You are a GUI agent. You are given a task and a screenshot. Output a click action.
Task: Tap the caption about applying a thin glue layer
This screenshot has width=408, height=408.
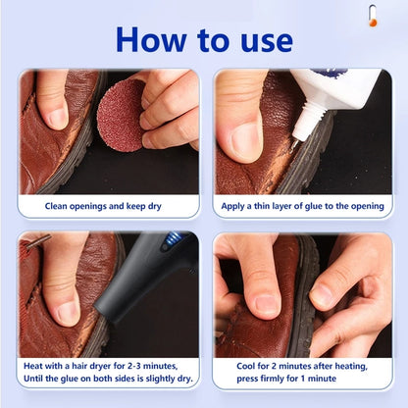pyautogui.click(x=303, y=207)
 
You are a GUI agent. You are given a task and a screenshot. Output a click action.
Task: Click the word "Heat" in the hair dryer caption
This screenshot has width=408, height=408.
pyautogui.click(x=36, y=365)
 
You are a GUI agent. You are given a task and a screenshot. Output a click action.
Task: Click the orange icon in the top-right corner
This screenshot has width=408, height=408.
pyautogui.click(x=373, y=15)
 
